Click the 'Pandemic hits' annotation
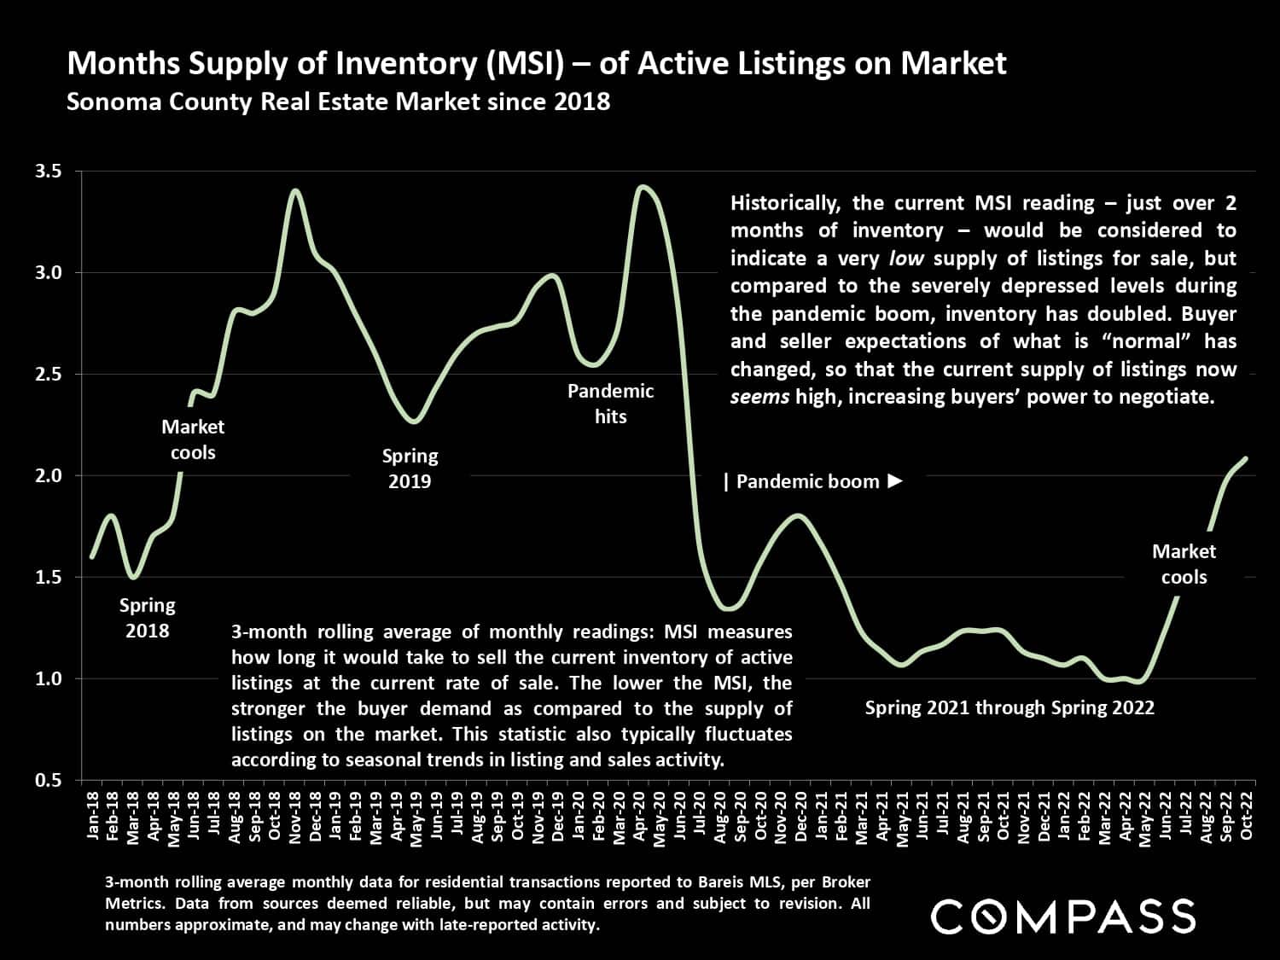click(x=610, y=404)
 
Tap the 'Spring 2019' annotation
click(x=410, y=468)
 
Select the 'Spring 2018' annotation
click(x=147, y=618)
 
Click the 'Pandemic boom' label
click(x=806, y=482)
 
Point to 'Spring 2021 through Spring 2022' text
click(x=1009, y=707)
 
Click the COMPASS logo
click(x=1063, y=916)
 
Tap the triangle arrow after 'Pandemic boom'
click(x=894, y=481)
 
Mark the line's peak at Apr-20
click(x=642, y=186)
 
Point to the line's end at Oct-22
click(x=1247, y=458)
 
